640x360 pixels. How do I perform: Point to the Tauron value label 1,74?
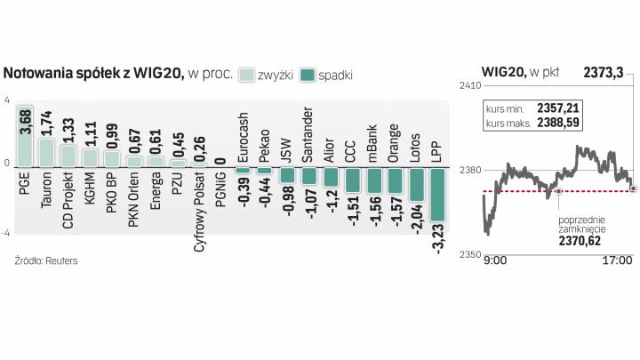click(x=46, y=122)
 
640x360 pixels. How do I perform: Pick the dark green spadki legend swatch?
click(x=310, y=75)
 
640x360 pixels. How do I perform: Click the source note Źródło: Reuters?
click(x=44, y=261)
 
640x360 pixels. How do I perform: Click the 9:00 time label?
click(x=494, y=262)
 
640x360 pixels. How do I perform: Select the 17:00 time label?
click(x=617, y=262)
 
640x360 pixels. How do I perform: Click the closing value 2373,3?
click(x=605, y=72)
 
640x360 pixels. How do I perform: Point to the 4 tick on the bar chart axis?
click(x=6, y=101)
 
